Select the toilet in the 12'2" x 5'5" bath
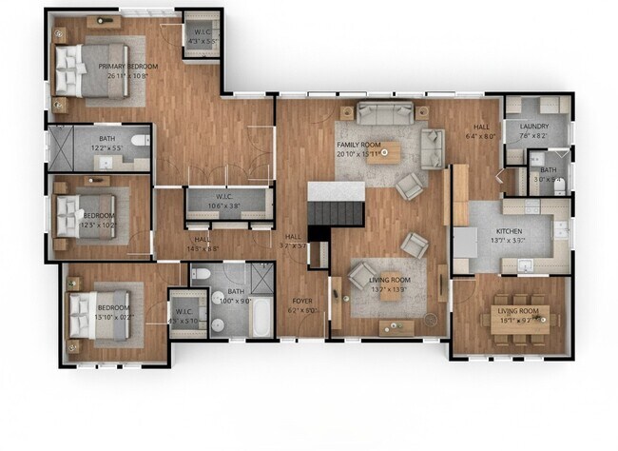[139, 143]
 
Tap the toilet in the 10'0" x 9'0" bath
[200, 275]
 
